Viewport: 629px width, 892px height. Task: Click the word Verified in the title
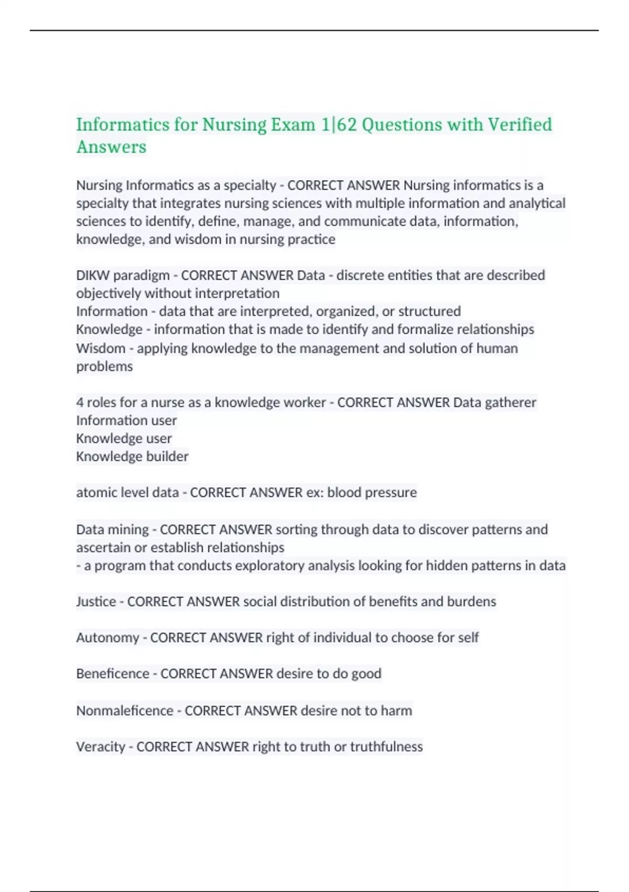(x=519, y=125)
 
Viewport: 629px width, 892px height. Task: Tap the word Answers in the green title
(x=111, y=147)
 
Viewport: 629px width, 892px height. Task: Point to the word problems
(x=104, y=366)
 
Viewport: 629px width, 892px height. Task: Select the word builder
(x=167, y=456)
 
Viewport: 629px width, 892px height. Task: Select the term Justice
(x=96, y=601)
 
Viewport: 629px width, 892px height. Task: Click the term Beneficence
(x=113, y=674)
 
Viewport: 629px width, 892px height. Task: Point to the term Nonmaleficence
(x=125, y=710)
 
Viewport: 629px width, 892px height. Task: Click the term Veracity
(x=101, y=747)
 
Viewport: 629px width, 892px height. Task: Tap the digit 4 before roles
(x=80, y=402)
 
